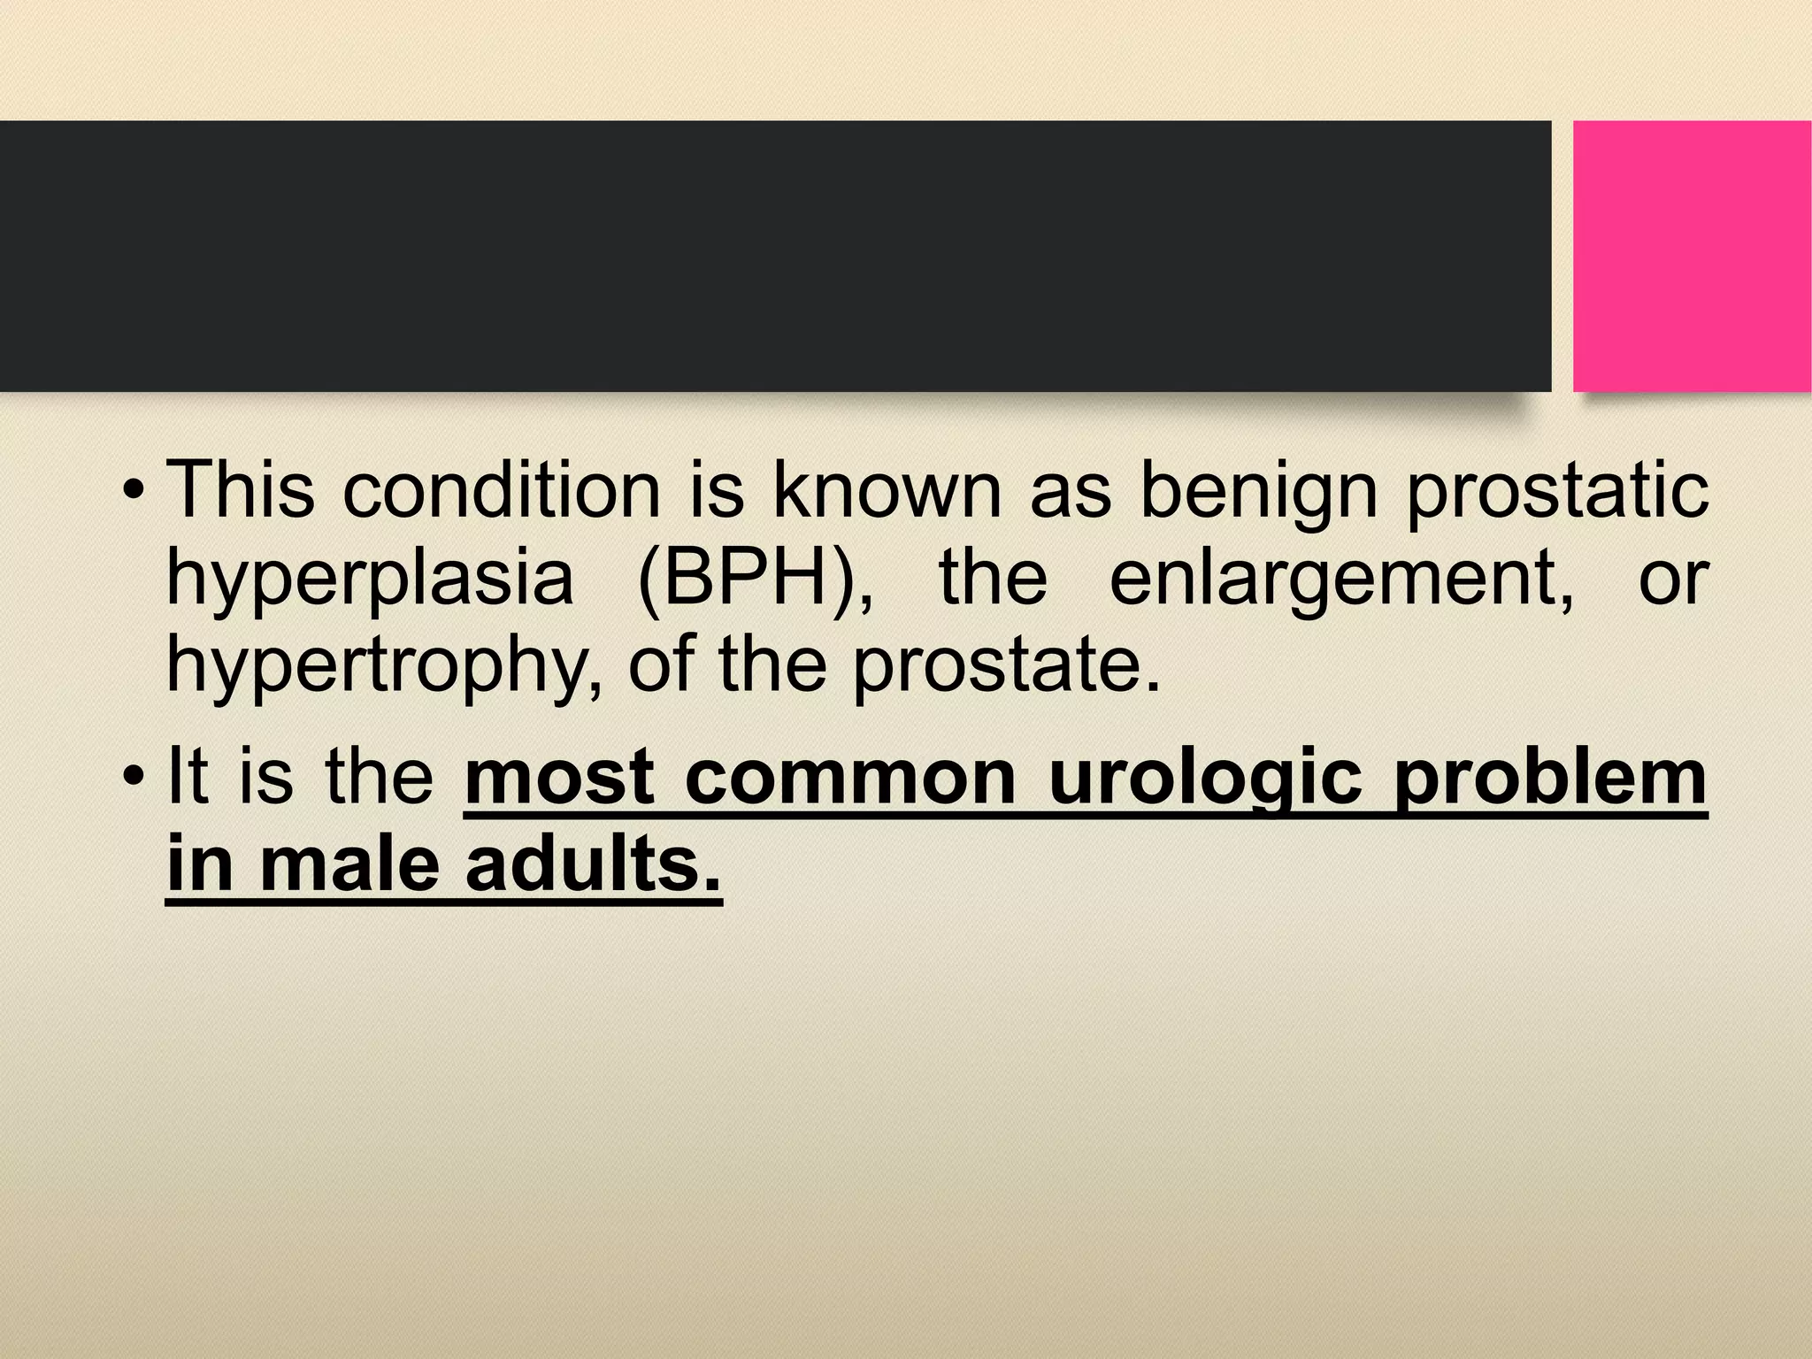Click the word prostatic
coord(1557,492)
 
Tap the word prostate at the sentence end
coord(1005,665)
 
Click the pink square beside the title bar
coord(1692,257)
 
